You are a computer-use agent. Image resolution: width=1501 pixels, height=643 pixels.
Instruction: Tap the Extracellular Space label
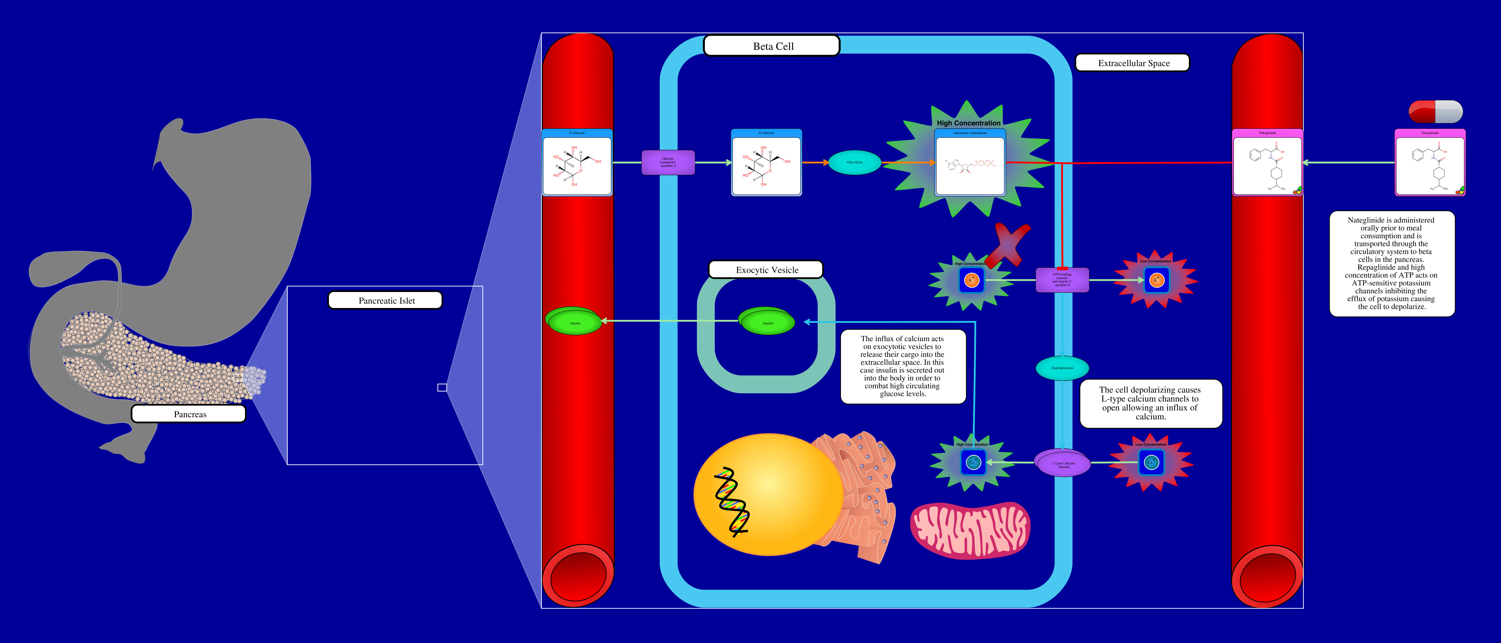(x=1133, y=63)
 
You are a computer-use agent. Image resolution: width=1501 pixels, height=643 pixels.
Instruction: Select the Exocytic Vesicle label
(x=766, y=270)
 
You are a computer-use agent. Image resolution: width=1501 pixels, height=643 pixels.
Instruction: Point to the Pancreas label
(x=189, y=414)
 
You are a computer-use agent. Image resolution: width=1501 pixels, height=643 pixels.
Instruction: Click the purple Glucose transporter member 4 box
(x=668, y=163)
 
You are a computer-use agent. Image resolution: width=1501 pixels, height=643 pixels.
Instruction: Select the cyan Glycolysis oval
(x=854, y=163)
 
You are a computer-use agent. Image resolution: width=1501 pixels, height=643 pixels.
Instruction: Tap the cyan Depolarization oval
(x=1062, y=368)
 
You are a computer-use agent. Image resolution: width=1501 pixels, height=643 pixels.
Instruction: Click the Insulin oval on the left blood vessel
(x=574, y=322)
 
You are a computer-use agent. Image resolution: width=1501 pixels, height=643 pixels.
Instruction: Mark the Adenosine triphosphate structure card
(x=970, y=163)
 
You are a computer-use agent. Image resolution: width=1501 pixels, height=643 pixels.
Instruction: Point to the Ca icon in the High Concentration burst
(x=972, y=462)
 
